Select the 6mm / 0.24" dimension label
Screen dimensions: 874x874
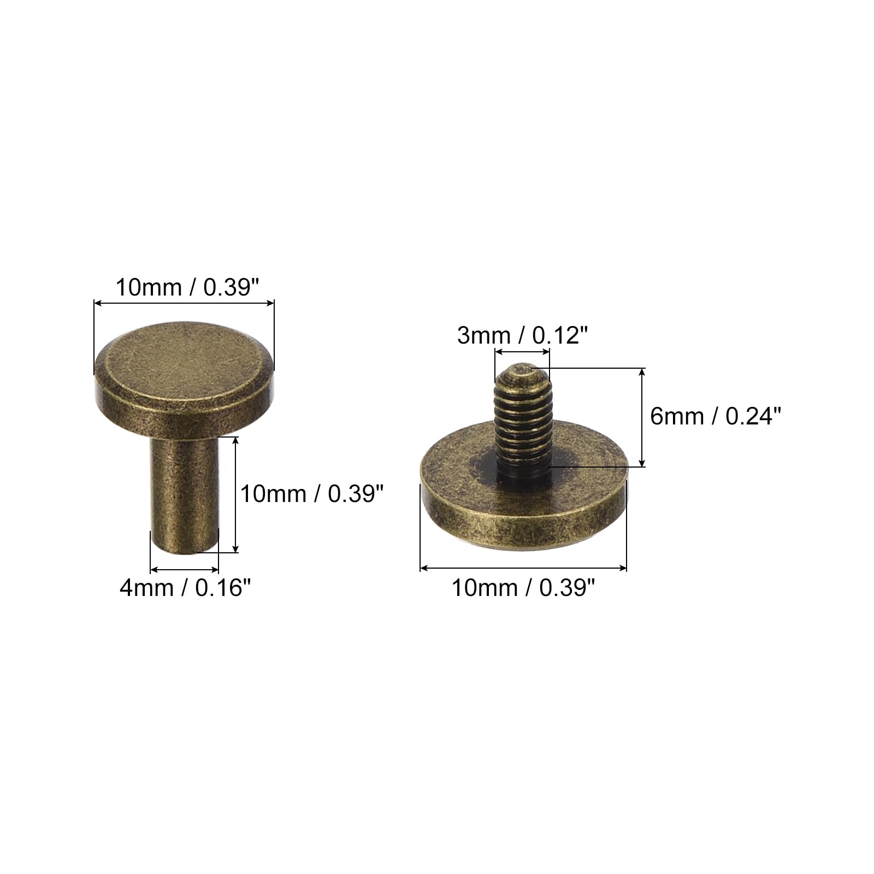[716, 417]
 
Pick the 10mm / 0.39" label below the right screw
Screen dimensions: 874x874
[523, 588]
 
